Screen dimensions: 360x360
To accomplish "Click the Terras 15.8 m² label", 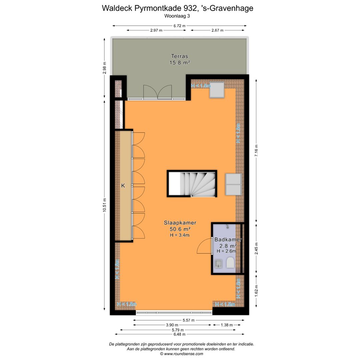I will point(180,59).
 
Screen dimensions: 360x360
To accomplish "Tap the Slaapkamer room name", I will point(180,223).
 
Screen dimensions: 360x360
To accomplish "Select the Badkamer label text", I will point(228,239).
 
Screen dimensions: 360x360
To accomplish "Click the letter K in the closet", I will point(123,186).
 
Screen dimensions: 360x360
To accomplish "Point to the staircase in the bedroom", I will point(192,184).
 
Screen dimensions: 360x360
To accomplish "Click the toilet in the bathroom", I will point(230,263).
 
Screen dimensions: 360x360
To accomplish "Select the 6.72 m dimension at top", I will point(179,26).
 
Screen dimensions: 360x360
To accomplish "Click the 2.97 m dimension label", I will point(156,30).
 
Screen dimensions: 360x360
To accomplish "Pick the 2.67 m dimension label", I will point(217,30).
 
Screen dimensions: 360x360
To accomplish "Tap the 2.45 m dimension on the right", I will point(256,248).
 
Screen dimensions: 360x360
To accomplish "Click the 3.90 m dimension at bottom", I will point(172,325).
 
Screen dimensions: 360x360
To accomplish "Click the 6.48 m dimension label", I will point(179,334).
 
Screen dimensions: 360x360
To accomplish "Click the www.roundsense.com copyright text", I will point(181,354).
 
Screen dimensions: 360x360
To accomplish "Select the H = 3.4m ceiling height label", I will point(180,235).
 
